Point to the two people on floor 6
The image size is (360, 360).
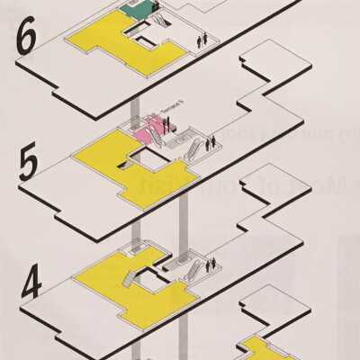pos(202,40)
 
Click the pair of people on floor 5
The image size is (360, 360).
pos(211,143)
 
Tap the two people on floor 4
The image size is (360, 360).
pos(211,264)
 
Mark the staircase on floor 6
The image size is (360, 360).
pos(157,16)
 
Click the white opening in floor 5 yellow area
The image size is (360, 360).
pos(144,163)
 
